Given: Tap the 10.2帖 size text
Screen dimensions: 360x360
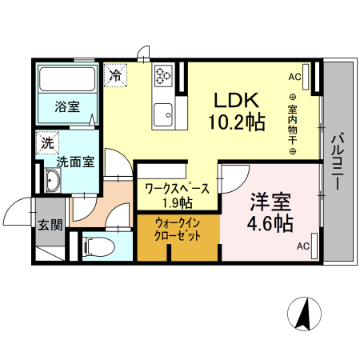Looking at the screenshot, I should click(x=238, y=123).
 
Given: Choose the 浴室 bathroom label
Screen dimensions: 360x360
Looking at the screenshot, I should click(x=67, y=106).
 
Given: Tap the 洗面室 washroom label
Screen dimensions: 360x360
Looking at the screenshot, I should click(x=75, y=161).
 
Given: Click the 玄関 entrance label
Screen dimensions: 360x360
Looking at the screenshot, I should click(x=50, y=224).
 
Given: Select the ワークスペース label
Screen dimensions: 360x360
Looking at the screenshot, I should click(x=177, y=189).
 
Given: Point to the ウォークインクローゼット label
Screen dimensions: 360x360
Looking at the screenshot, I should click(x=177, y=230).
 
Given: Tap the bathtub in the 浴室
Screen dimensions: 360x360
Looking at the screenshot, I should click(x=67, y=79).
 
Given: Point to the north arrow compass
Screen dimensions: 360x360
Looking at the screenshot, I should click(x=305, y=313).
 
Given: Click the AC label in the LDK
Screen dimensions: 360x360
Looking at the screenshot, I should click(x=294, y=77).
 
